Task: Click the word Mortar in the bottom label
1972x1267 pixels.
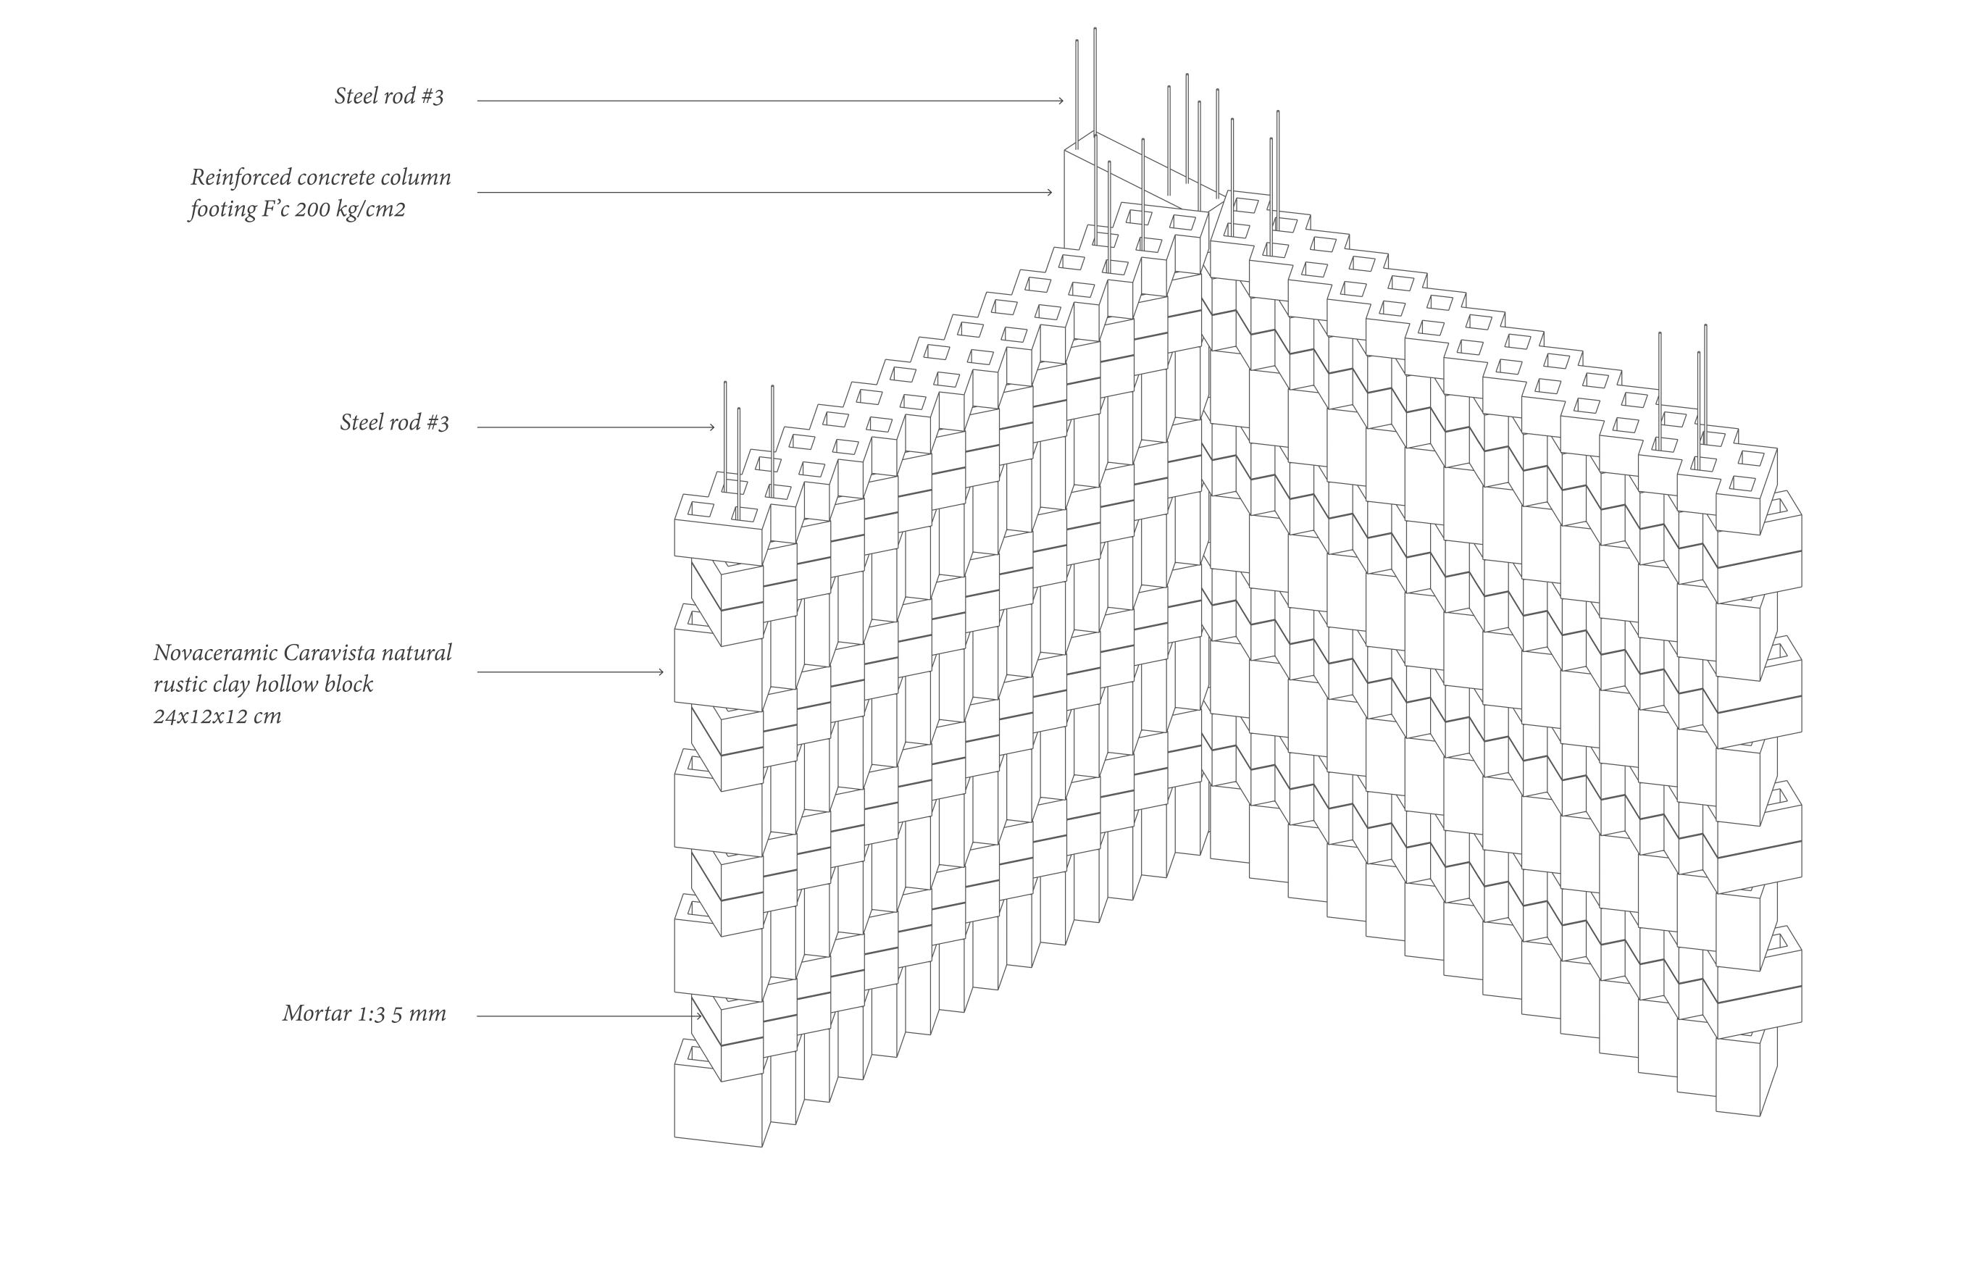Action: click(317, 1013)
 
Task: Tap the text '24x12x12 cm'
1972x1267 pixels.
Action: click(217, 716)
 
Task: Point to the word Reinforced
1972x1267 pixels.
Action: click(239, 177)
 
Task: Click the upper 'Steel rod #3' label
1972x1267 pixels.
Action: click(388, 96)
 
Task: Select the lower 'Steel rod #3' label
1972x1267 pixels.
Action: click(394, 423)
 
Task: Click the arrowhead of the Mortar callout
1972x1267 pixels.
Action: click(699, 1016)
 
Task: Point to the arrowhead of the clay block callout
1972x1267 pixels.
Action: click(661, 672)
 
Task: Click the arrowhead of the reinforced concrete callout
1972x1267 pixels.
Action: click(1050, 193)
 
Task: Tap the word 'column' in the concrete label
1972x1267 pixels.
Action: click(417, 177)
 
